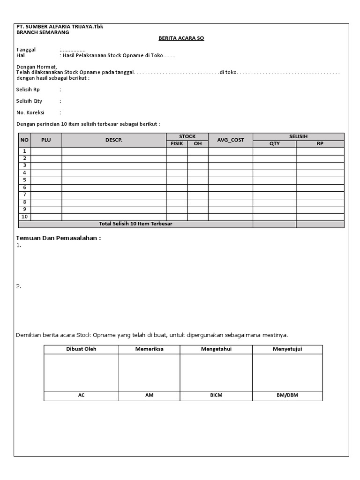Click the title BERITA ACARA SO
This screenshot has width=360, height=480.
(180, 38)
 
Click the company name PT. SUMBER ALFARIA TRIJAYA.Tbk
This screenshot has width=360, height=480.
(60, 27)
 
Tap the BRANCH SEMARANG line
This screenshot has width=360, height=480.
(43, 32)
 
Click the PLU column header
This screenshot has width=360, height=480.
(46, 140)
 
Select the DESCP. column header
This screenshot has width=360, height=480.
(113, 140)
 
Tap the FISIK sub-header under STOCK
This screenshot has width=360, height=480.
(177, 144)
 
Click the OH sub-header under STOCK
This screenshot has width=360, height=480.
(198, 144)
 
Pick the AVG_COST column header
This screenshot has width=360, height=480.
(231, 140)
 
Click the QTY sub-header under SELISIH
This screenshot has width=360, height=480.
(274, 144)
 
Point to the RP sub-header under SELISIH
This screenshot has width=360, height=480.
(320, 144)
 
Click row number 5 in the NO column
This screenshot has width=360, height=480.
(24, 180)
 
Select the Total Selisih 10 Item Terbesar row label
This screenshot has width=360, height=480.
(135, 224)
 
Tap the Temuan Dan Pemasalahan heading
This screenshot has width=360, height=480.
(59, 238)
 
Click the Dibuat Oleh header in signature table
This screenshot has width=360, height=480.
(81, 349)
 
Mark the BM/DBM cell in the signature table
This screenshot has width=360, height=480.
(287, 396)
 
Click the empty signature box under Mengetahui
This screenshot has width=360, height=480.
(216, 372)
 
